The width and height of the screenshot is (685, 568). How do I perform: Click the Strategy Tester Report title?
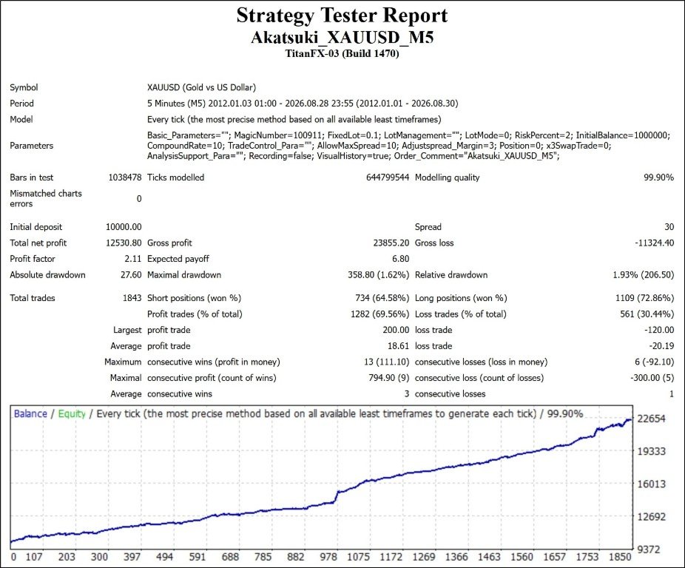pyautogui.click(x=342, y=16)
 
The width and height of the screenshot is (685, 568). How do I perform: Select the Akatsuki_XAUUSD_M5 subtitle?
pyautogui.click(x=342, y=38)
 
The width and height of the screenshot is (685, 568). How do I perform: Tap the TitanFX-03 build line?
pyautogui.click(x=342, y=54)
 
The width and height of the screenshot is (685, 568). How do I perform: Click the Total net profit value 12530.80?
pyautogui.click(x=124, y=243)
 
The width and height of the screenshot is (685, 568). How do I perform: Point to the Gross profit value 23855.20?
pyautogui.click(x=391, y=243)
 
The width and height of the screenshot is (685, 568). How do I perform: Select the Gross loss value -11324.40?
pyautogui.click(x=655, y=243)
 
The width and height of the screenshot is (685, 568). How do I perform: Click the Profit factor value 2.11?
pyautogui.click(x=133, y=259)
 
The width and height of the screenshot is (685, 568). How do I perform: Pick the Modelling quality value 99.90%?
pyautogui.click(x=659, y=177)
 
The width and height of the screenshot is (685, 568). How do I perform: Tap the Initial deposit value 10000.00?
pyautogui.click(x=124, y=227)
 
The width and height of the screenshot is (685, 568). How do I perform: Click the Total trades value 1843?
pyautogui.click(x=132, y=298)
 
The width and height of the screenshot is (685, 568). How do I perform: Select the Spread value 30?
pyautogui.click(x=669, y=227)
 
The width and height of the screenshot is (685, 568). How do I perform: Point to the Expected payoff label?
pyautogui.click(x=178, y=259)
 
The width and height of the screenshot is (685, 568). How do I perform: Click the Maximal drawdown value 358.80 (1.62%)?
pyautogui.click(x=378, y=275)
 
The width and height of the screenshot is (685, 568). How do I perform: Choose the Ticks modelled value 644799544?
pyautogui.click(x=388, y=177)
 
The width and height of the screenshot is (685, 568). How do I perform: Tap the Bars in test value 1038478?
pyautogui.click(x=125, y=177)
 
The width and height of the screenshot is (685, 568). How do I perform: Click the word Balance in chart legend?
pyautogui.click(x=30, y=413)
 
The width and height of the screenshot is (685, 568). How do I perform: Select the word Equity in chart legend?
pyautogui.click(x=72, y=414)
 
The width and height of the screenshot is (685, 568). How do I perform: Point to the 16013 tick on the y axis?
pyautogui.click(x=652, y=484)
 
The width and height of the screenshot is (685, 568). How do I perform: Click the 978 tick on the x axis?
pyautogui.click(x=328, y=557)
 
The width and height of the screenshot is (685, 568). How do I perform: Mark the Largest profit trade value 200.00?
pyautogui.click(x=396, y=330)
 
